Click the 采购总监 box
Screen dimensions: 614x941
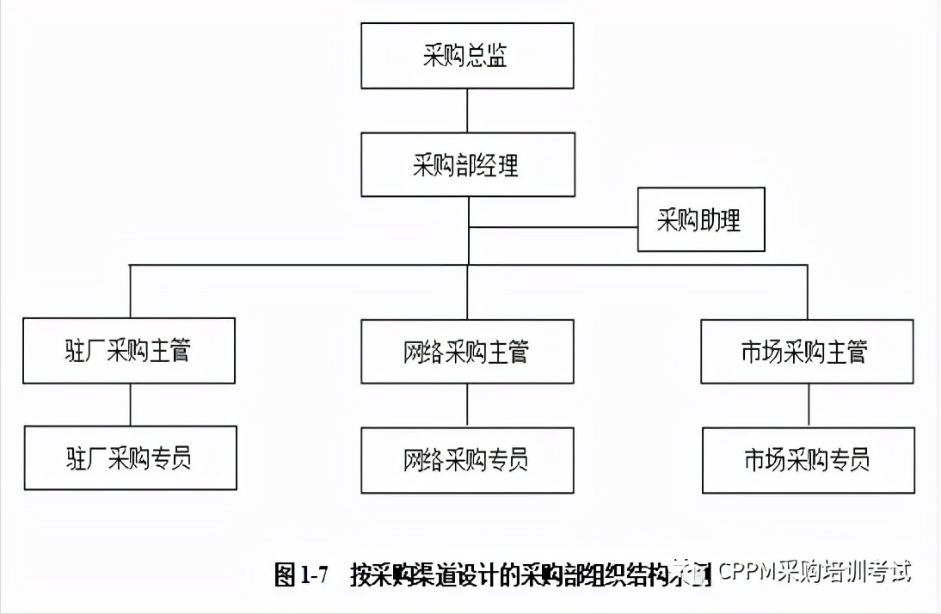pyautogui.click(x=467, y=56)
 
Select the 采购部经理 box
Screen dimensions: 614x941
pyautogui.click(x=467, y=164)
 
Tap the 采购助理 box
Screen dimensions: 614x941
pyautogui.click(x=700, y=220)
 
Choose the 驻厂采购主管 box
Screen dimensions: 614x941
pyautogui.click(x=129, y=351)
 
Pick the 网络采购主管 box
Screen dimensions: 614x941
pyautogui.click(x=467, y=352)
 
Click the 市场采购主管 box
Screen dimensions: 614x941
pyautogui.click(x=806, y=352)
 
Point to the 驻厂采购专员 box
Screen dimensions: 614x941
pyautogui.click(x=130, y=457)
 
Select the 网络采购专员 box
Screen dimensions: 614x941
pyautogui.click(x=467, y=460)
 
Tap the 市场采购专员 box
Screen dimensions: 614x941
pyautogui.click(x=806, y=460)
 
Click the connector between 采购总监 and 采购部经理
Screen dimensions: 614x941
pyautogui.click(x=467, y=110)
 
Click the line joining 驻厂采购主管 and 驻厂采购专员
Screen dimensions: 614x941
pyautogui.click(x=130, y=404)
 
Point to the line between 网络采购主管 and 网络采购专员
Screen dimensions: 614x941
pyautogui.click(x=467, y=406)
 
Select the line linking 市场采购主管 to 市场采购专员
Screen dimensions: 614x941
pyautogui.click(x=807, y=406)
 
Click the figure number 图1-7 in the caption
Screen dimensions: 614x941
pyautogui.click(x=301, y=574)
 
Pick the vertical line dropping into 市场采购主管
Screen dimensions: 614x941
pyautogui.click(x=807, y=292)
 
